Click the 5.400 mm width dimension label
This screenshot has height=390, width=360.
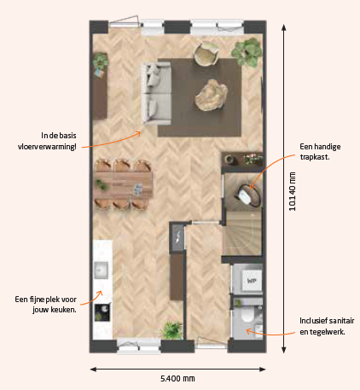(x=177, y=379)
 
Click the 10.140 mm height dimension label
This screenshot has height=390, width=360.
(x=293, y=191)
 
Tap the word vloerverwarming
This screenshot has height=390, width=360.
(x=47, y=147)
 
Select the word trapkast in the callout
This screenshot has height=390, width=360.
(x=314, y=157)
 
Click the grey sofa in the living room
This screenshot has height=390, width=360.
(x=157, y=94)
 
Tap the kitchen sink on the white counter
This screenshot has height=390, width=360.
(x=101, y=271)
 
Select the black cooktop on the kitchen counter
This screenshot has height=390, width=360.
(x=102, y=312)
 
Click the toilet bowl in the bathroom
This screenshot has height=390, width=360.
(x=247, y=315)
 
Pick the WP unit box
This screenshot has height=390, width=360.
(x=252, y=281)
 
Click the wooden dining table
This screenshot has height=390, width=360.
(x=124, y=185)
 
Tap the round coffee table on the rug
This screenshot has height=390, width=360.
(x=211, y=95)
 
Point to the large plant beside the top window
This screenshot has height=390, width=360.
(x=247, y=52)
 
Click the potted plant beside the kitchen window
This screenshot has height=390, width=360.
(x=171, y=330)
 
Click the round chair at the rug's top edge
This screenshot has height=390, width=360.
(x=206, y=54)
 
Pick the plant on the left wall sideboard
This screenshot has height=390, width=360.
(x=101, y=61)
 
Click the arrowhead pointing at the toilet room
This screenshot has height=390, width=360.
(x=248, y=331)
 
